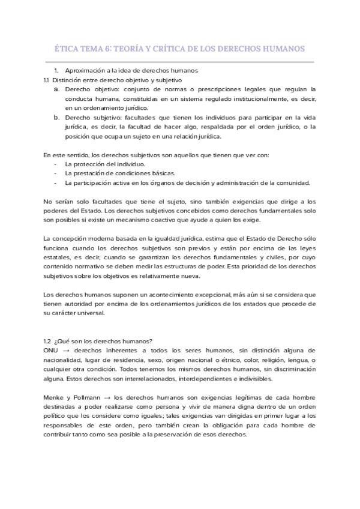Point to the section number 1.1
click(47, 80)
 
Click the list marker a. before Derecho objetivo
click(56, 89)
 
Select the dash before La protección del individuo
click(55, 164)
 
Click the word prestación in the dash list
click(87, 173)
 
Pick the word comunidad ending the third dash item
click(294, 183)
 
